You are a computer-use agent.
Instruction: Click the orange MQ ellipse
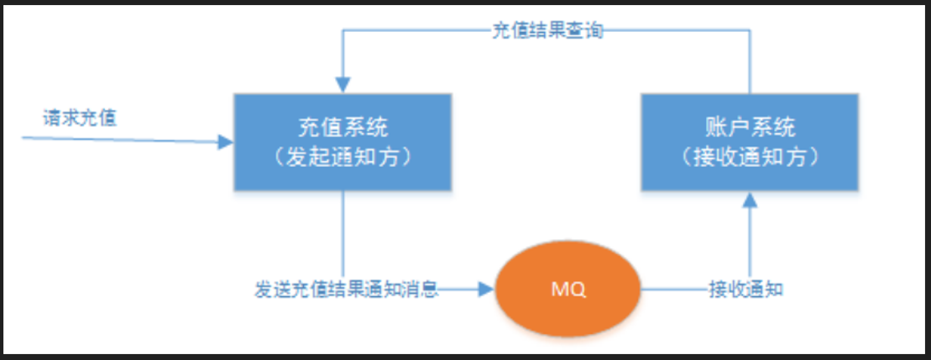[x=568, y=290]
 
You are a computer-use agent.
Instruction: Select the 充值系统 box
[x=343, y=141]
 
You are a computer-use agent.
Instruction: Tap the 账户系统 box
[x=750, y=141]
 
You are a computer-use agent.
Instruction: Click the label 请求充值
[x=80, y=117]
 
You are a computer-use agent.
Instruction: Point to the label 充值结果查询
[x=547, y=32]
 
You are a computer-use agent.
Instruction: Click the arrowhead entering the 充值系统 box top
[x=343, y=86]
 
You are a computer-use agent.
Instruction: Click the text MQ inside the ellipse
[x=568, y=290]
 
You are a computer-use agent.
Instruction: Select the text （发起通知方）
[x=343, y=156]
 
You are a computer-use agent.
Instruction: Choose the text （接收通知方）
[x=750, y=156]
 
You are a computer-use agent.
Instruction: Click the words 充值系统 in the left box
[x=343, y=127]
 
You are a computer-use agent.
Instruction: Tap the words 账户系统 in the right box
[x=750, y=127]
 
